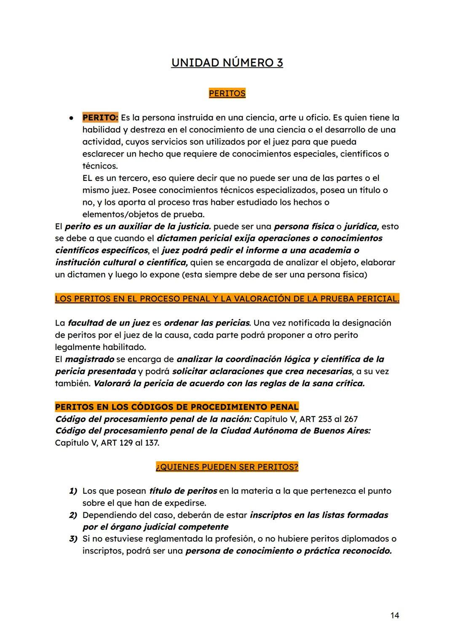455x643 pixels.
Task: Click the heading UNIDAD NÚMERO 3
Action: click(227, 63)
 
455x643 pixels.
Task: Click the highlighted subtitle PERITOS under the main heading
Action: click(227, 93)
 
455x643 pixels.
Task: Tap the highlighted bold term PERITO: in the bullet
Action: click(100, 117)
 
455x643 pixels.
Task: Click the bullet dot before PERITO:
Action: click(72, 118)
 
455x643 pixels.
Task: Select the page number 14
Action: click(394, 615)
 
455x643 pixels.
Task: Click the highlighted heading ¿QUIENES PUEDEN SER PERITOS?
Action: click(227, 467)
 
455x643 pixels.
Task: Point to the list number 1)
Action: click(73, 491)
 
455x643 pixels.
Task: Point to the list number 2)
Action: click(73, 515)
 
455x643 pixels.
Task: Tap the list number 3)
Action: click(73, 539)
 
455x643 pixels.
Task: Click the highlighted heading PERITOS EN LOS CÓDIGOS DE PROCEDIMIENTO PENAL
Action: click(177, 407)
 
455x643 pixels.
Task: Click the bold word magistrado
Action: click(89, 359)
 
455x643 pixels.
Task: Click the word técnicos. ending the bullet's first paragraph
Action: click(100, 166)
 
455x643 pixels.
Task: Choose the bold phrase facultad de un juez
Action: click(109, 323)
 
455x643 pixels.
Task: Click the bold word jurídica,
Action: click(361, 226)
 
